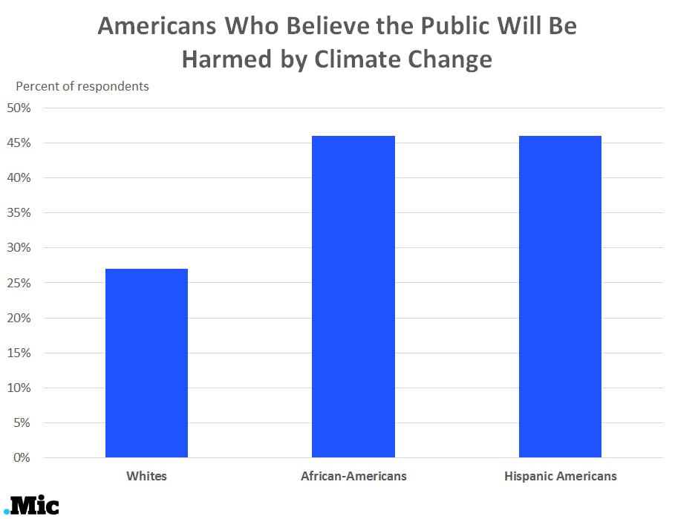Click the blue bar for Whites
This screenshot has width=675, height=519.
click(146, 363)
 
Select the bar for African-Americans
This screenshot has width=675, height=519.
click(353, 296)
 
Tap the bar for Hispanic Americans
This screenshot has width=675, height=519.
click(559, 296)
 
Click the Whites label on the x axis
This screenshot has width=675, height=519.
click(146, 476)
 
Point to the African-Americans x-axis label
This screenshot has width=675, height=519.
click(353, 476)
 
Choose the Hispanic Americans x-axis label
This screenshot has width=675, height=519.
click(560, 476)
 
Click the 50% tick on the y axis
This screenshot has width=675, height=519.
click(19, 108)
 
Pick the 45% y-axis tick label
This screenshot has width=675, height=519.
click(19, 143)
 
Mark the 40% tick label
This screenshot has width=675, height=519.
click(19, 178)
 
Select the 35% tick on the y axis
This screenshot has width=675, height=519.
click(19, 213)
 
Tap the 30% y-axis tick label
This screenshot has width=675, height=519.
click(19, 248)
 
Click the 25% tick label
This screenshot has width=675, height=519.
click(19, 283)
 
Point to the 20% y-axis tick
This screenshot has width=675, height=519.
click(19, 318)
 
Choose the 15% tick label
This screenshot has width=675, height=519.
click(19, 353)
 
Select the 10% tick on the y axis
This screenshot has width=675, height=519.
click(19, 388)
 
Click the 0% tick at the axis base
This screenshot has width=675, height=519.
click(22, 458)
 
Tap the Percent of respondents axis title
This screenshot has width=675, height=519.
click(82, 86)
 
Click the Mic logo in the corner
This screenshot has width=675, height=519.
click(31, 506)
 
